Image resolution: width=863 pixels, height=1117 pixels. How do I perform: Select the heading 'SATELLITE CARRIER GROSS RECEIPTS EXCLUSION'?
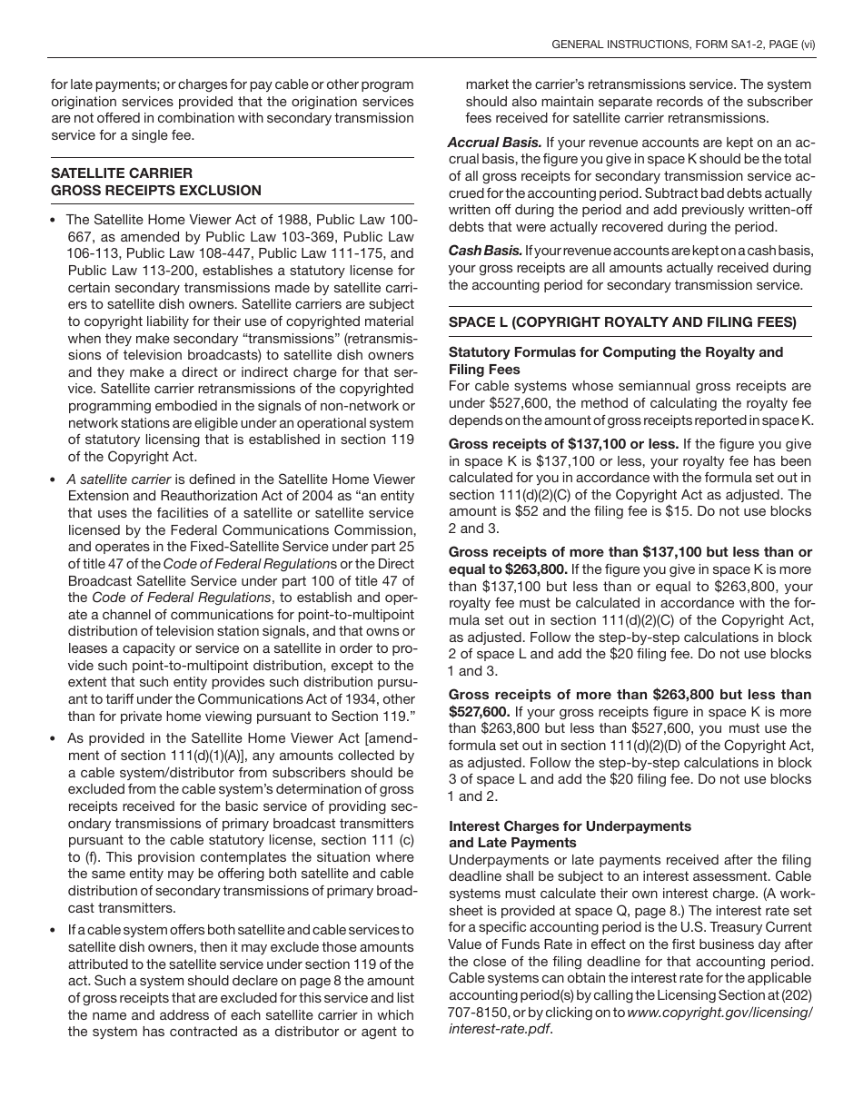pos(155,182)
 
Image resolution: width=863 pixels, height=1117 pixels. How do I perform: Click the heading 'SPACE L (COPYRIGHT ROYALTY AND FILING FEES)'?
pos(622,321)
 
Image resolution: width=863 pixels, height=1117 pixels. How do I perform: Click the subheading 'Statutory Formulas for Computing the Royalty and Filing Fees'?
pos(615,361)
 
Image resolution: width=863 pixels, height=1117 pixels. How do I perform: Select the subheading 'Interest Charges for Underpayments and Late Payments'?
pos(570,835)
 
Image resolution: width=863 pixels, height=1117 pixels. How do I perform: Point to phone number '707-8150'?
pos(476,1013)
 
